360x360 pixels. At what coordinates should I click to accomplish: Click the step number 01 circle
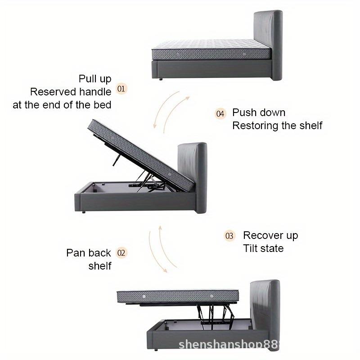pos(121,89)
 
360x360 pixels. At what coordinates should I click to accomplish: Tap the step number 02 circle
pos(121,253)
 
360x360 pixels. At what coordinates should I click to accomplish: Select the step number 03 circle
pos(229,236)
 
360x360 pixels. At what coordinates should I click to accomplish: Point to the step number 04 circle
pos(220,114)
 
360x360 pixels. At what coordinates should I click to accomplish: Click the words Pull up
pos(95,79)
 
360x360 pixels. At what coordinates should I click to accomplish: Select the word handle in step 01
pos(95,92)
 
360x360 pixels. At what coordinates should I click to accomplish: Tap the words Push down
pos(259,112)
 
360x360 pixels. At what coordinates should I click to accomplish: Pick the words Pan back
pos(89,253)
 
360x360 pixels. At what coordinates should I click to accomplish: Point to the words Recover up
pos(270,235)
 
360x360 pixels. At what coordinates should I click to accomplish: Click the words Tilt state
pos(263,248)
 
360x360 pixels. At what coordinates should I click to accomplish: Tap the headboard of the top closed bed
pos(268,45)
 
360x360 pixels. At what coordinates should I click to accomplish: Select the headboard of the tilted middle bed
pos(193,177)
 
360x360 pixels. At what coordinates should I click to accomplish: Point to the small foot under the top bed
pos(161,80)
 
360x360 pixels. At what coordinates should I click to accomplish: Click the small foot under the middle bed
pos(84,212)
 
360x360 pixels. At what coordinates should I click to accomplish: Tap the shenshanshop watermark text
pos(229,345)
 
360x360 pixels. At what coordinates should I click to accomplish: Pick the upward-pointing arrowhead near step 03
pos(160,228)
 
